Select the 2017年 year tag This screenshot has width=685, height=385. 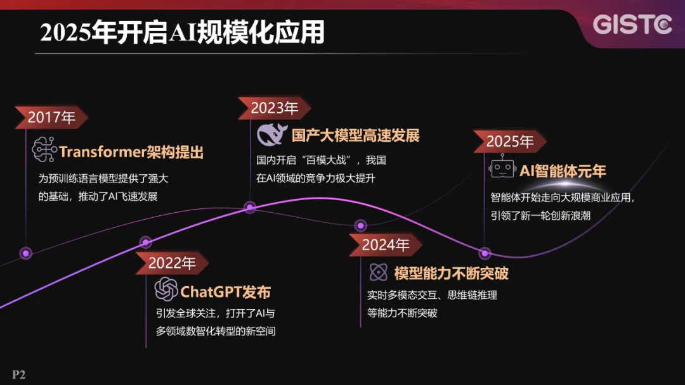(x=51, y=117)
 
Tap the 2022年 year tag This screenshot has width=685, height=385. (x=172, y=263)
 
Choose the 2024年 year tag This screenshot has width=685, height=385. (x=386, y=244)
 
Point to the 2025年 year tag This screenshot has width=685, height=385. (x=509, y=141)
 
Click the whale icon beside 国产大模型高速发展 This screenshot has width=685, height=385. (x=271, y=135)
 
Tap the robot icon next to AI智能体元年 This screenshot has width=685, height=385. (x=502, y=169)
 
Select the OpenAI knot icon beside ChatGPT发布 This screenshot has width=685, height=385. (x=166, y=290)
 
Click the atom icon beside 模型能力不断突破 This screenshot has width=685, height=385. (x=379, y=272)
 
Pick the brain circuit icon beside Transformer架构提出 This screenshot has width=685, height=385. (x=44, y=151)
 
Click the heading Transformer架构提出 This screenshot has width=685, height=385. (x=131, y=152)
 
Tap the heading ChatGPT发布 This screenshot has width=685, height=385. (x=226, y=291)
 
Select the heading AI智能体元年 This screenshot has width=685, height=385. (x=563, y=170)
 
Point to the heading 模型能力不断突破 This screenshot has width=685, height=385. (x=451, y=274)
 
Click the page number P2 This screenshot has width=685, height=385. (x=18, y=375)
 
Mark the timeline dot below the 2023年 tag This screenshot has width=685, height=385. (x=250, y=207)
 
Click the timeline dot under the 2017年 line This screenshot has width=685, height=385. (x=25, y=253)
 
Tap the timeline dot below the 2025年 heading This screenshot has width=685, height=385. (x=485, y=253)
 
